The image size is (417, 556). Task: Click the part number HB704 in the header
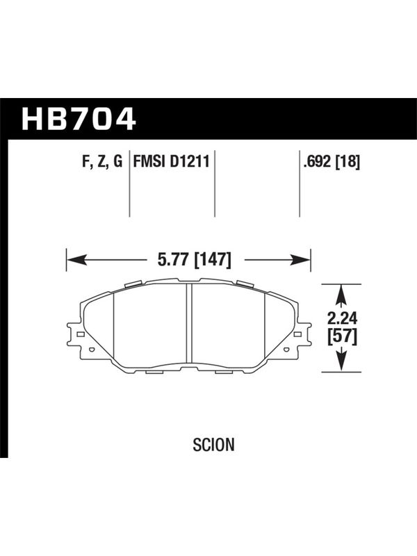coord(79,118)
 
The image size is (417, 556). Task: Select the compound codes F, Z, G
coord(102,162)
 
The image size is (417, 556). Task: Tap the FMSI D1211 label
coord(171,161)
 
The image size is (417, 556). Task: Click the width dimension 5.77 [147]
coord(195,259)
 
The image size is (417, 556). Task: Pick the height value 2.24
coord(342,319)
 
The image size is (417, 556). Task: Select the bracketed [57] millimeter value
coord(342,336)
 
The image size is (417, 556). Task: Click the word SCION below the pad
coord(213,444)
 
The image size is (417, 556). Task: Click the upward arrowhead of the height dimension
coord(341,294)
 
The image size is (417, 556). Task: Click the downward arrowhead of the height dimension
coord(341,361)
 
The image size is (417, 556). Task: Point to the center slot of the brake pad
coord(189,323)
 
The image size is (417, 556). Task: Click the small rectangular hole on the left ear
coord(81,334)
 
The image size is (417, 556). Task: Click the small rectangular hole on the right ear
coord(297,334)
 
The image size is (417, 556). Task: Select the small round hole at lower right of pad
coord(286,350)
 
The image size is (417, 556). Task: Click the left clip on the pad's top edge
coord(133,284)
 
